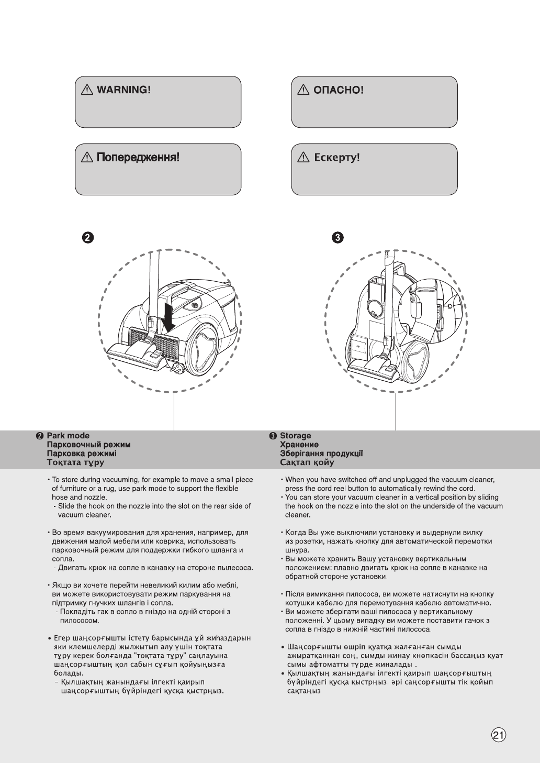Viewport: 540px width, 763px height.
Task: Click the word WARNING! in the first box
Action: [123, 90]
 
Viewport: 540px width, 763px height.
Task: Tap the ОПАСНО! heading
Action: [338, 90]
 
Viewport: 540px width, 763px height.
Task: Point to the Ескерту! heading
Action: [336, 157]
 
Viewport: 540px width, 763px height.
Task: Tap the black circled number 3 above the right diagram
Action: [338, 237]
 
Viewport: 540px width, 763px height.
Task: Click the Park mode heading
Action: [68, 436]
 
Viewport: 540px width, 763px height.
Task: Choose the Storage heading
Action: [295, 436]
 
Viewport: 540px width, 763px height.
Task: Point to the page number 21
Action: [499, 735]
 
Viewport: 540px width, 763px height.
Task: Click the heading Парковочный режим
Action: [88, 445]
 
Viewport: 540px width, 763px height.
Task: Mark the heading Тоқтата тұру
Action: [76, 463]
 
